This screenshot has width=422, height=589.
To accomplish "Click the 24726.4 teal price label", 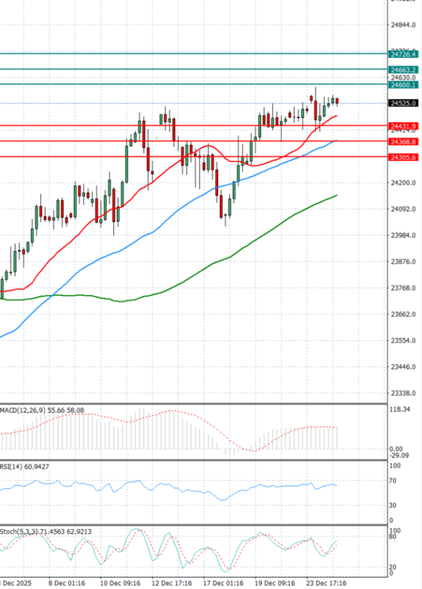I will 404,54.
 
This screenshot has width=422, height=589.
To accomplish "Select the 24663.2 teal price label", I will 404,70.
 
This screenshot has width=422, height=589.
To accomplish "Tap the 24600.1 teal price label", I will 404,85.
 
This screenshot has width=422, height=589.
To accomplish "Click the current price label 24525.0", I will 404,103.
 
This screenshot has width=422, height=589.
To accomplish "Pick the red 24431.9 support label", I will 404,126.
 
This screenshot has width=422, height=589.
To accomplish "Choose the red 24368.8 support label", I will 404,142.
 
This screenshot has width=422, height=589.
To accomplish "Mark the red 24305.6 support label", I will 404,157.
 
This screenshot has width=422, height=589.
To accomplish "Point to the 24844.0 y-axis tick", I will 404,25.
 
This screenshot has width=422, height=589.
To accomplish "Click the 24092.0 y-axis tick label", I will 404,209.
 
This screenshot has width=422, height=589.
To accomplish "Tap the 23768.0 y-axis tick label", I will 404,288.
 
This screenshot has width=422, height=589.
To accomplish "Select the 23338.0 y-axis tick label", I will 404,393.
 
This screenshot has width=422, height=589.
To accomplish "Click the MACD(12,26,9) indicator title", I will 19,409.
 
